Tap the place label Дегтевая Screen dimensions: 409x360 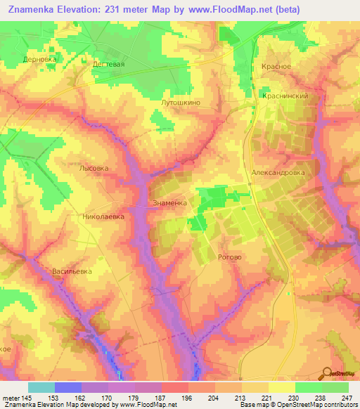(108, 64)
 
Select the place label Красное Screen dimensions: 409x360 (276, 66)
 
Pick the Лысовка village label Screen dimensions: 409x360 (94, 169)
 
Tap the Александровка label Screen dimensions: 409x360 (277, 171)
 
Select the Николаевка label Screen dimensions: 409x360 (103, 217)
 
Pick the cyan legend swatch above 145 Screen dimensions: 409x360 (41, 387)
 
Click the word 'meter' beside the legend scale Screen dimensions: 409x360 (11, 396)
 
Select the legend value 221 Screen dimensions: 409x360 (257, 396)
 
